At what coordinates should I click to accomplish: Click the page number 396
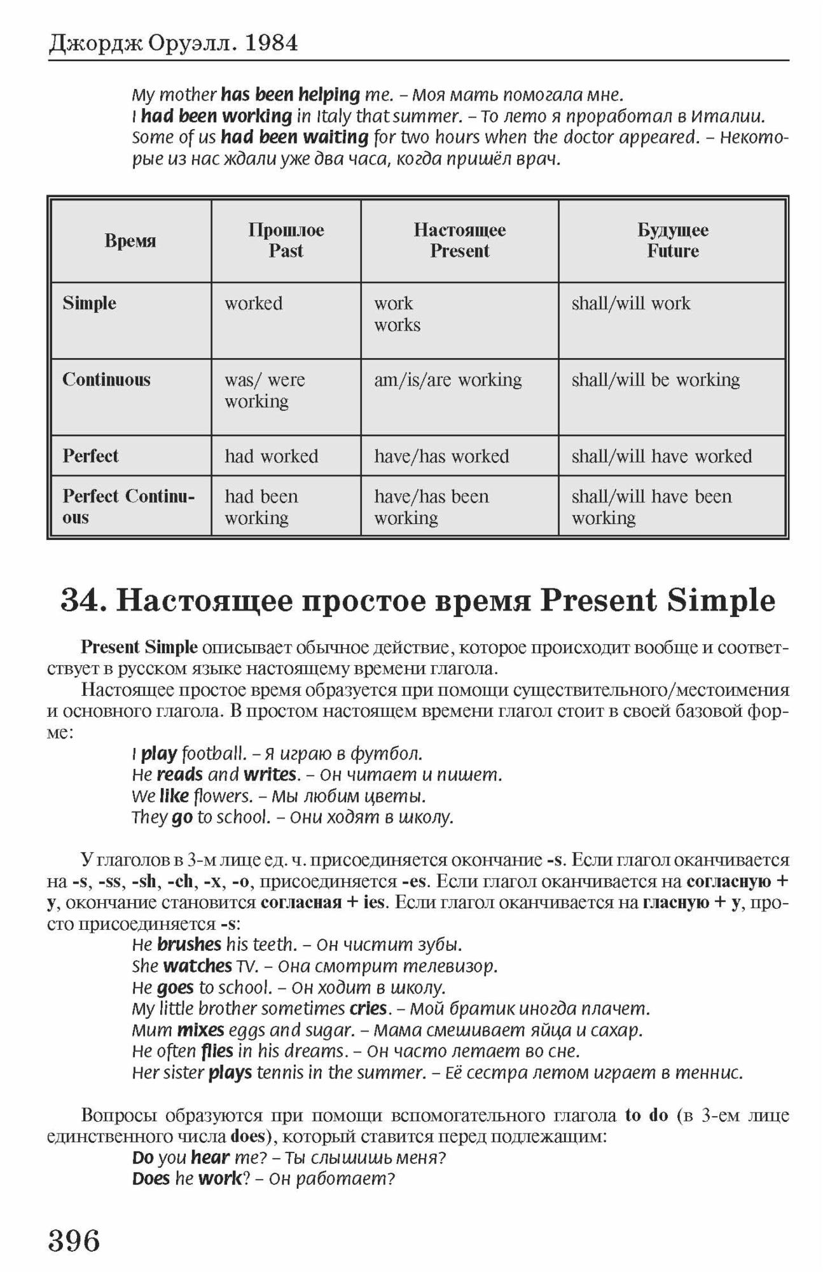74,1240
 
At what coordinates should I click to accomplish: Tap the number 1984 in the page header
272,43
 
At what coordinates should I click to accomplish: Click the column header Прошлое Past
286,240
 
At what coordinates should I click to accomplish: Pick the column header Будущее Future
672,240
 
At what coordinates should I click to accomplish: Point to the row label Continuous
106,380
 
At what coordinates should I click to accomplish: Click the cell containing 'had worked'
272,456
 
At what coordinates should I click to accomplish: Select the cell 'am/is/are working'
448,380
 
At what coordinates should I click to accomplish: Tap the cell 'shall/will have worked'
661,456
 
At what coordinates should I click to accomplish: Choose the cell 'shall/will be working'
656,380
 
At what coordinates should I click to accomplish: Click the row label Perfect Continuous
128,506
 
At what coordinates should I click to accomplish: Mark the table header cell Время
130,241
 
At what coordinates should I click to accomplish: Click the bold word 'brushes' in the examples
189,944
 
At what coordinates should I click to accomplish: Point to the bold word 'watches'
197,965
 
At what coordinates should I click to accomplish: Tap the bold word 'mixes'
200,1029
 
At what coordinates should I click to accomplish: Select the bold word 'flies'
218,1051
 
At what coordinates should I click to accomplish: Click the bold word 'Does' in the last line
151,1179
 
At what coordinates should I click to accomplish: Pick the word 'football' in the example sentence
214,754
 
